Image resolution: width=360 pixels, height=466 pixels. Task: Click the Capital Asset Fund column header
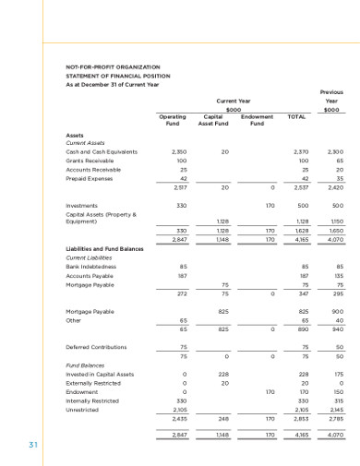[213, 122]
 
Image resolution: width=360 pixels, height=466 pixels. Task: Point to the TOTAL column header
[297, 118]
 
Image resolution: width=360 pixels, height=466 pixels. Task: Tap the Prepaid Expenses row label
[90, 179]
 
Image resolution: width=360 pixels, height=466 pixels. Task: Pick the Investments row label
[83, 205]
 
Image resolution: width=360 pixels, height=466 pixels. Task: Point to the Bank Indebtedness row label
[89, 267]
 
